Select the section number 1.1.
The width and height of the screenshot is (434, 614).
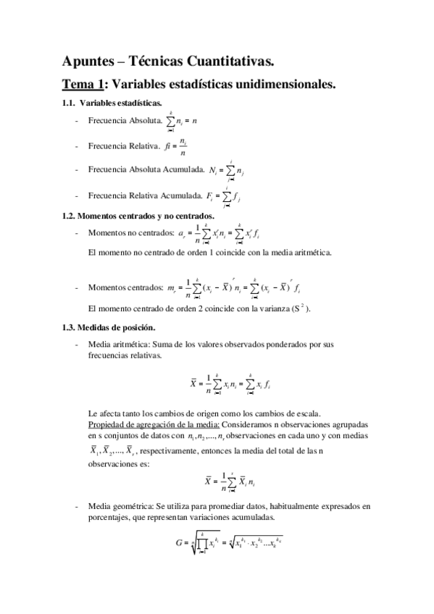point(70,104)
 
